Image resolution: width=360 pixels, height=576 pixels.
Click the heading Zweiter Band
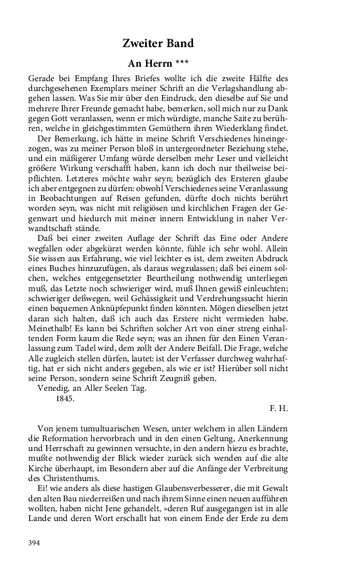pos(158,44)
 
